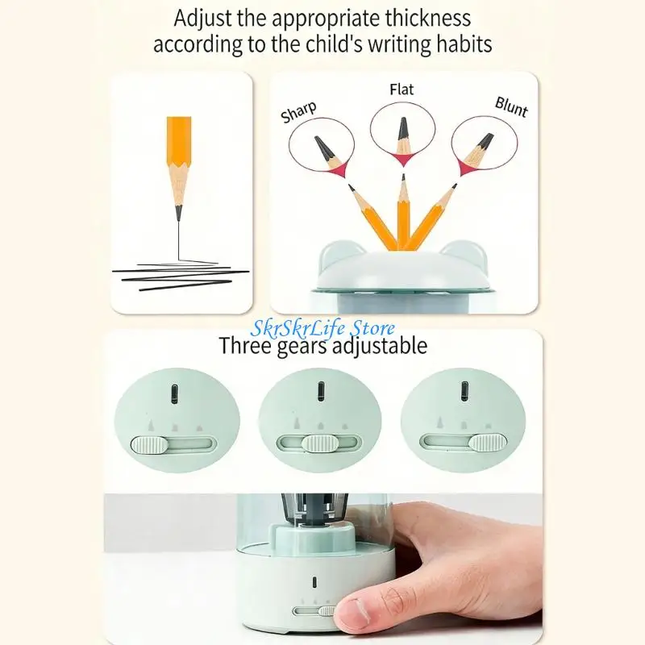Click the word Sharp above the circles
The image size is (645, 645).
click(x=298, y=112)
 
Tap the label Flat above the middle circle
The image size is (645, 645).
click(x=402, y=89)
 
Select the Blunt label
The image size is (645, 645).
click(x=511, y=106)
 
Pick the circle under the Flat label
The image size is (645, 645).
click(x=402, y=131)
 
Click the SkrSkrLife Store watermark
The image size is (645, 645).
click(x=323, y=328)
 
